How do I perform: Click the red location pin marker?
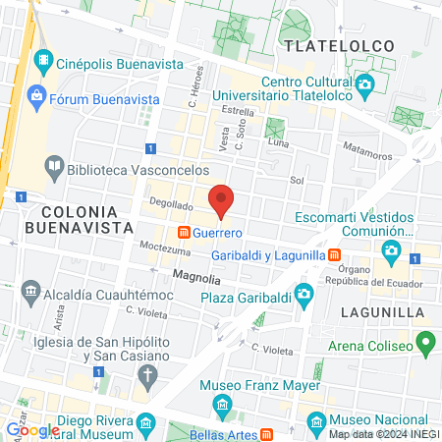[222, 199]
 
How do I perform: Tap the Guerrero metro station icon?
[183, 234]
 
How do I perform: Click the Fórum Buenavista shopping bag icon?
[36, 95]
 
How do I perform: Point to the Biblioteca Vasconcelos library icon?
[55, 168]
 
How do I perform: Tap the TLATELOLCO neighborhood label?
[337, 45]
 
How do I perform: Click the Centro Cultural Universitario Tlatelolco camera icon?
[364, 84]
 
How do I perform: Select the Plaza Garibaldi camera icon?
[304, 293]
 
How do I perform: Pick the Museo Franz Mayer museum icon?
[223, 405]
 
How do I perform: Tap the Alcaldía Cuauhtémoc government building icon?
[30, 291]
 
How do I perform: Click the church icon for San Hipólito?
[147, 374]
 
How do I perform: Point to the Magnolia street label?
[196, 278]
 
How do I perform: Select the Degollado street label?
[170, 205]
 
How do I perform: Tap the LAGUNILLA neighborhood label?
[384, 312]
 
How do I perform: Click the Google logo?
[32, 429]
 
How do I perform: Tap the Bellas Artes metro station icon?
[266, 434]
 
